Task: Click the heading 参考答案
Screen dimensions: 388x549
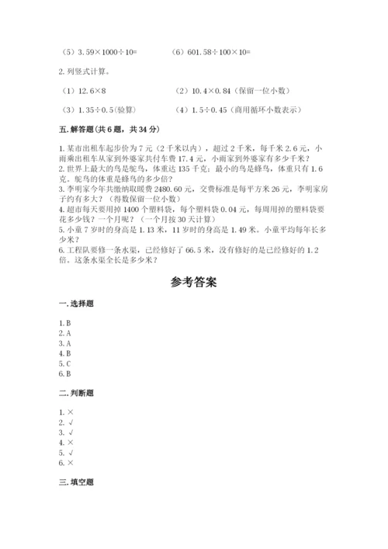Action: click(x=193, y=282)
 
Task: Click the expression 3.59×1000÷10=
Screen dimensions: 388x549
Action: click(x=105, y=53)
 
